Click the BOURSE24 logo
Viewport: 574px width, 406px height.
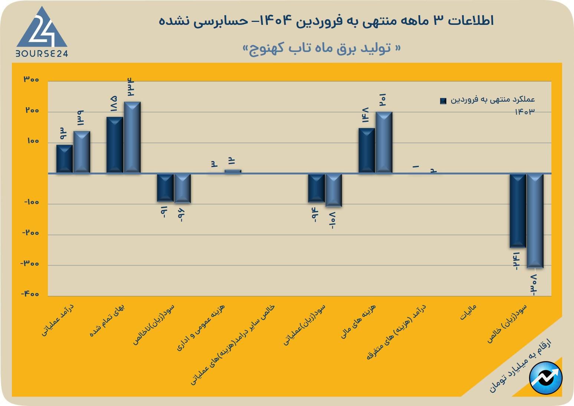coord(42,32)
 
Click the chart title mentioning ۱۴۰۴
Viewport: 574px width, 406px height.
coord(326,21)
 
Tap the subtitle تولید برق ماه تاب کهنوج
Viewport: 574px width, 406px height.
coord(322,48)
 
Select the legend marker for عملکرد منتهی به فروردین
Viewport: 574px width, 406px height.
coord(443,101)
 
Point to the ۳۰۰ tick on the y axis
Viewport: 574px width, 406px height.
coord(31,80)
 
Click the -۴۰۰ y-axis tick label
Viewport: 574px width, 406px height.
coord(30,294)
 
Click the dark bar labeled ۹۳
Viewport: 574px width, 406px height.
coord(65,159)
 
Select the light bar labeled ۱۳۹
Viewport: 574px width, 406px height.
coord(82,152)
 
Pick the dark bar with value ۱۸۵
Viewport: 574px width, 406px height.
coord(115,145)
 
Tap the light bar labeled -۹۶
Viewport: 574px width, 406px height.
coord(183,188)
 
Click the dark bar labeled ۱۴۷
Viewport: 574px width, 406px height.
coord(367,150)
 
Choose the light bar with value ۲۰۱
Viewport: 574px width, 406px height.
coord(384,142)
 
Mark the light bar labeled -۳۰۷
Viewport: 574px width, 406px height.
coord(535,220)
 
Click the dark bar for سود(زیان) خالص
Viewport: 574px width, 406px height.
coord(518,210)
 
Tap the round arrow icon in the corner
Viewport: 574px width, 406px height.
coord(546,378)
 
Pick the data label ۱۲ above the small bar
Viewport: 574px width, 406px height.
coord(232,161)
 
